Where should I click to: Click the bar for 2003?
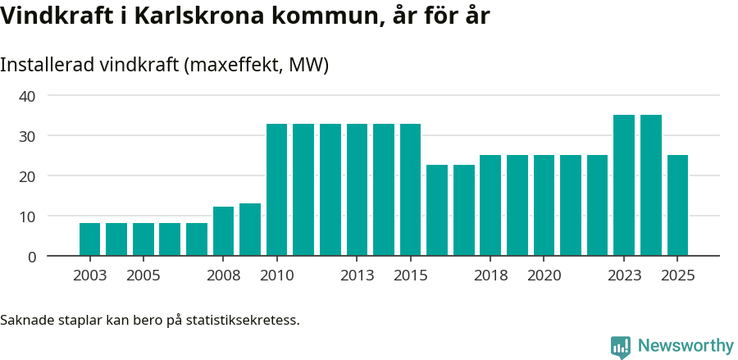click(89, 239)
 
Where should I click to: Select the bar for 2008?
click(223, 231)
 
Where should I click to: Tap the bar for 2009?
click(250, 230)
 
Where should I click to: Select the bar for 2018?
click(490, 206)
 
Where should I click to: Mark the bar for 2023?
click(624, 185)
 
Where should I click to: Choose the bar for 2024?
click(651, 185)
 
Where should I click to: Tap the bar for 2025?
click(677, 206)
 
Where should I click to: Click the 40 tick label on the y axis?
click(27, 96)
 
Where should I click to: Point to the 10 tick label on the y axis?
click(27, 216)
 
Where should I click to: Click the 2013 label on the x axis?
click(357, 276)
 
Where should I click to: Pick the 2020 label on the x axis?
click(544, 276)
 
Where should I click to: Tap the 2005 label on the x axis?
click(143, 276)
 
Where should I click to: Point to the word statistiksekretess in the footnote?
click(243, 319)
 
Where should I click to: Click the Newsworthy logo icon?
click(621, 346)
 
